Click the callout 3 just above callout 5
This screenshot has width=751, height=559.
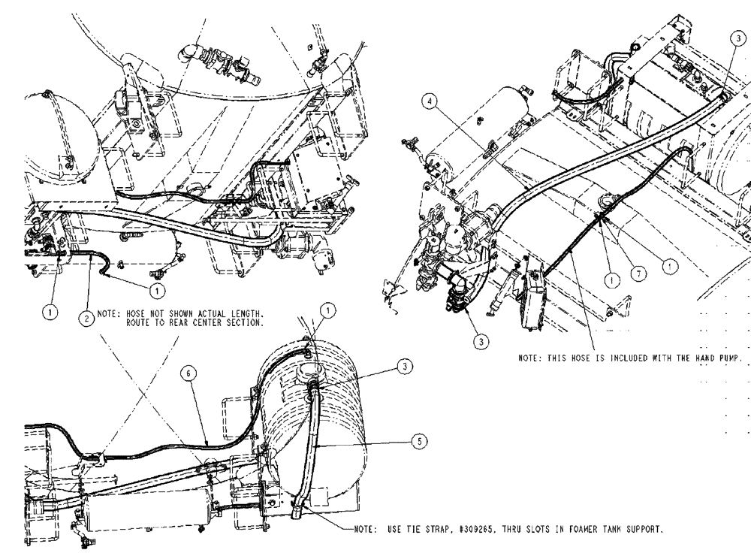[404, 366]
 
